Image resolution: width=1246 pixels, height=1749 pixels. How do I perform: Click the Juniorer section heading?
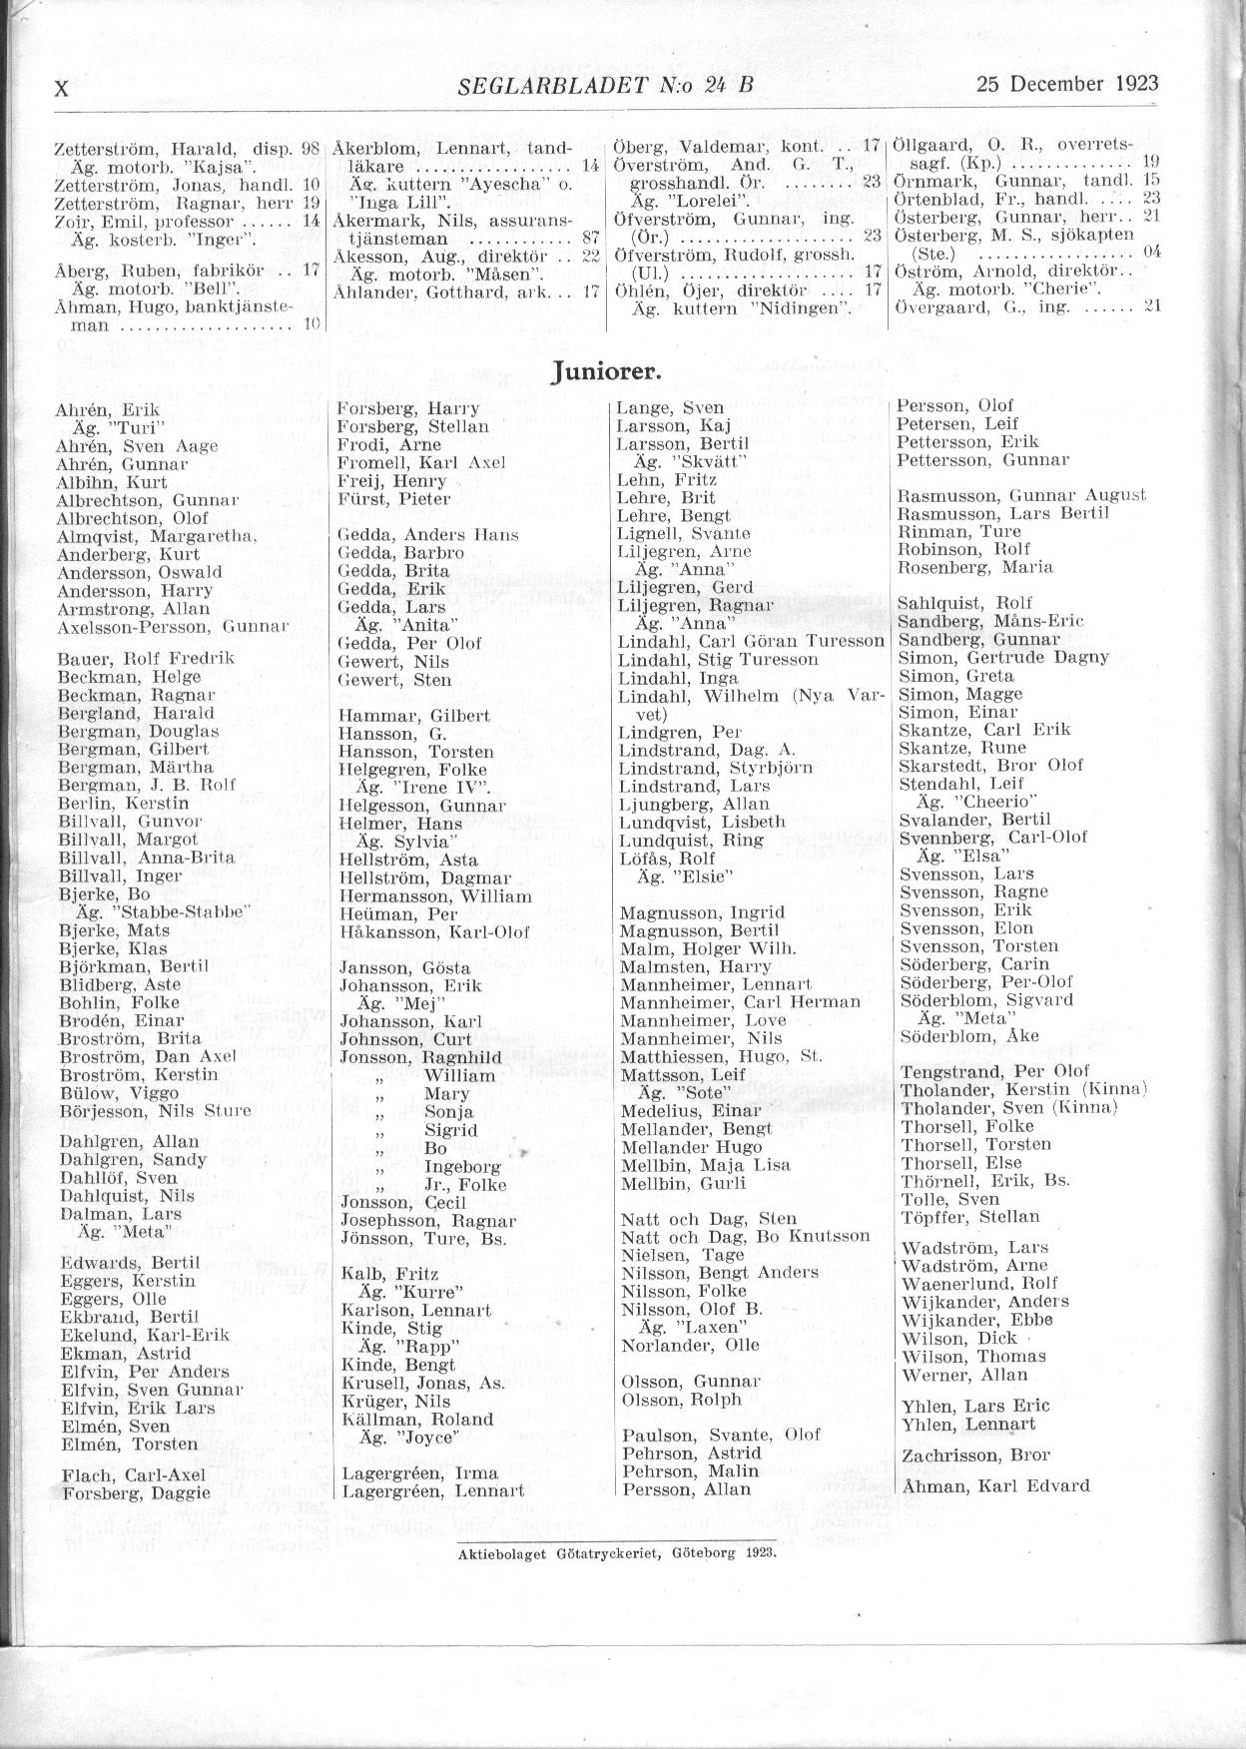(606, 371)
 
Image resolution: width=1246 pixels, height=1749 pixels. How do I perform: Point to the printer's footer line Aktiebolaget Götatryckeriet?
(616, 1553)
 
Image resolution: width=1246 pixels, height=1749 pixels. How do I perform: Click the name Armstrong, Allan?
(134, 609)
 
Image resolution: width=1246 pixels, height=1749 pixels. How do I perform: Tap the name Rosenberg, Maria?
(974, 566)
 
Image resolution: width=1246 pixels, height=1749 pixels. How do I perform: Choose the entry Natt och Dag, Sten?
(708, 1218)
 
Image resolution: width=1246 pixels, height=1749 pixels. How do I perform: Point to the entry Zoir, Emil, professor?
(145, 222)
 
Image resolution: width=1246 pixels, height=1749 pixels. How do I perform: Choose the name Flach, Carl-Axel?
(134, 1474)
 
